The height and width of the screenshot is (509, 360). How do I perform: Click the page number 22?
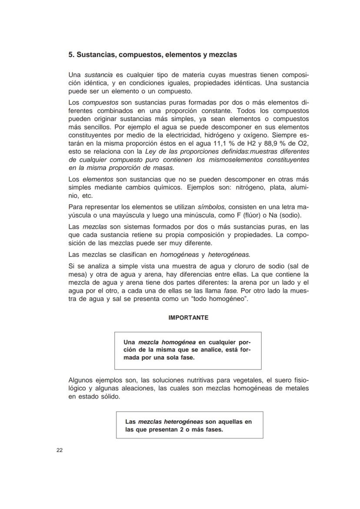(x=60, y=450)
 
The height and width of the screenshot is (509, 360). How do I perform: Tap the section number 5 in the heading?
(x=70, y=55)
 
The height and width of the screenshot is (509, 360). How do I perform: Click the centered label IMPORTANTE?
(x=188, y=318)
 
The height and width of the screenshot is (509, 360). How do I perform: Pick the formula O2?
(x=303, y=143)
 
